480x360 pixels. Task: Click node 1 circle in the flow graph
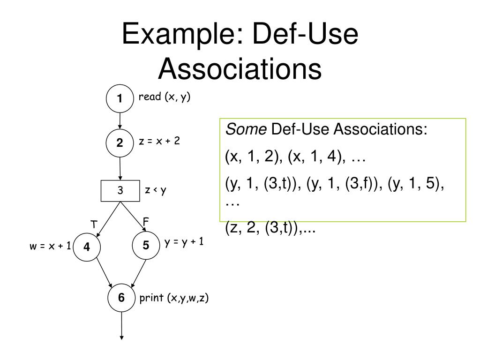click(x=120, y=98)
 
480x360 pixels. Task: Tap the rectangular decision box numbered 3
click(x=120, y=191)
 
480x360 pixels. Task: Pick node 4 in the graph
click(x=87, y=247)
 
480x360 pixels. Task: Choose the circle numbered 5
click(x=146, y=245)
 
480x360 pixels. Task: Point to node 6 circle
click(x=121, y=297)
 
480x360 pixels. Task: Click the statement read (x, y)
click(x=164, y=97)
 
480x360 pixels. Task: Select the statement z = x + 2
click(x=159, y=141)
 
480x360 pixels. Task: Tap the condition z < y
click(x=156, y=190)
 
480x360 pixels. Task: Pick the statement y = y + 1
click(x=184, y=242)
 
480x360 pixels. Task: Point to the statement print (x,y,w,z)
click(x=174, y=298)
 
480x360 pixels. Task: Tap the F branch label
click(x=146, y=220)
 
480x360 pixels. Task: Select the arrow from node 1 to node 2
click(x=120, y=121)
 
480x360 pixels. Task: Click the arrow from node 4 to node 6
click(x=103, y=273)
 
